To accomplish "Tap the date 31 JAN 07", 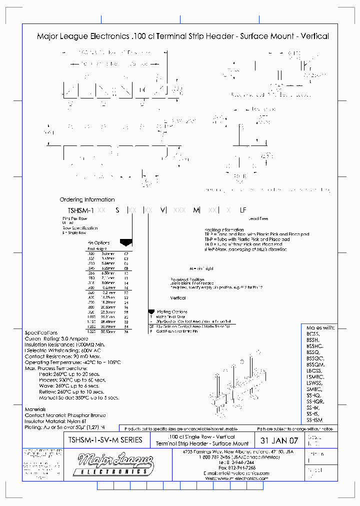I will coord(279,441).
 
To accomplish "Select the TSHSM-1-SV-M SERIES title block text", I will coord(104,440).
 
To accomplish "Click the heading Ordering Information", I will coord(87,199).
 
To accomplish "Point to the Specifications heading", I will coord(41,333).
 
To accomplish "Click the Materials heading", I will coord(35,409).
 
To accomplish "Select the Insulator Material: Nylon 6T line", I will coord(52,421).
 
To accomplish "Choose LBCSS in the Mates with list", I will coord(314,370).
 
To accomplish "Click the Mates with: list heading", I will coord(320,327).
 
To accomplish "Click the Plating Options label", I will coord(171,311).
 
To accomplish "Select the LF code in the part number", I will coord(243,210).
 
